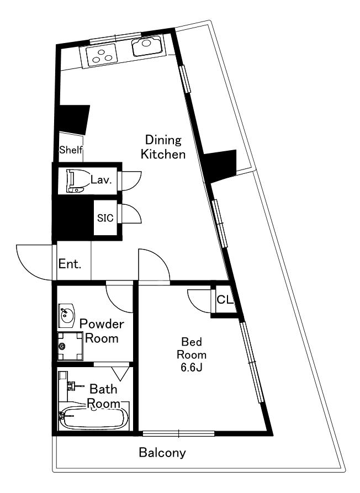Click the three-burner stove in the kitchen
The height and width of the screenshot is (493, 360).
click(x=102, y=55)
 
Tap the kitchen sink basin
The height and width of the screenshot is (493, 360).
click(x=147, y=46)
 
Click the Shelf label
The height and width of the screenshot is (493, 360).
click(x=71, y=150)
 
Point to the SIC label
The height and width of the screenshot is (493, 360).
click(x=105, y=218)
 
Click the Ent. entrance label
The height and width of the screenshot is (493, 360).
click(x=70, y=264)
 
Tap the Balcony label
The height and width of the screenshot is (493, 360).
click(x=162, y=453)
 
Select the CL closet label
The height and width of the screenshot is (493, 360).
click(x=225, y=300)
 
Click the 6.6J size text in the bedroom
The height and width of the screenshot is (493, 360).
click(x=191, y=368)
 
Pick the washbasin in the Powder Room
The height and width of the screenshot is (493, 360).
click(x=66, y=315)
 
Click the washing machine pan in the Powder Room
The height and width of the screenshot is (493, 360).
click(x=71, y=346)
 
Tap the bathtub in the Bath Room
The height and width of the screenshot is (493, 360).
click(x=94, y=418)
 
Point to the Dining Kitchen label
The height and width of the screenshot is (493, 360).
click(x=163, y=147)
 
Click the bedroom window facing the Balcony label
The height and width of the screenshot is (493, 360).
click(x=178, y=433)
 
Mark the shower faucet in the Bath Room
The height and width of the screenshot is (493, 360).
click(x=75, y=386)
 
